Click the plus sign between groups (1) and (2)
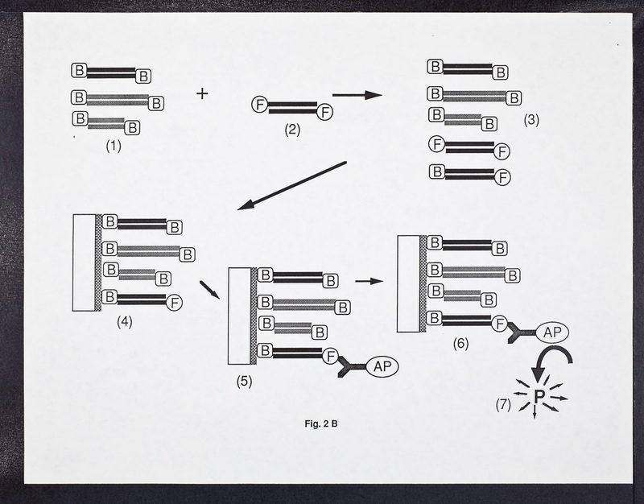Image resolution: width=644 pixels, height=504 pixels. [202, 94]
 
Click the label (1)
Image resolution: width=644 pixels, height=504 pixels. [114, 146]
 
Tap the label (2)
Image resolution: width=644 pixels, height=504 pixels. [292, 130]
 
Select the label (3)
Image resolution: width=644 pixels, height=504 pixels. [531, 120]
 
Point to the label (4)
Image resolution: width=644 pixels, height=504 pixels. [125, 322]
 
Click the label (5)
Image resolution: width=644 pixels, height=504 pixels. [244, 381]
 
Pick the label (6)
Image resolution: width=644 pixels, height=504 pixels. [460, 344]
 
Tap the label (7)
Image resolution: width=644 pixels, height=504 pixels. [503, 405]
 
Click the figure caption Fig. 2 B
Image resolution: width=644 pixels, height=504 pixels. [321, 423]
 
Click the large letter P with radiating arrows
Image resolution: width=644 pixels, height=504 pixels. [539, 396]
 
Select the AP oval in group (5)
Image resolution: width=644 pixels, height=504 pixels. [382, 367]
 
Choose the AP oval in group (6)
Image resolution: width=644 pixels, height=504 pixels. [552, 333]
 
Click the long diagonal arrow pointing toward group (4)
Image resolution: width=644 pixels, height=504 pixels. [292, 186]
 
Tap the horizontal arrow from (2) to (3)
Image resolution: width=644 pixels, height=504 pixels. [357, 95]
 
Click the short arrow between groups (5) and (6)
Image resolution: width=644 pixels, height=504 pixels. [369, 281]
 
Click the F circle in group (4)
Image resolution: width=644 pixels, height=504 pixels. [175, 304]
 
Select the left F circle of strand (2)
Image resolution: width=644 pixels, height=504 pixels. [259, 105]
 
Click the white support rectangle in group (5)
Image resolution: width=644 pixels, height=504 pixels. [239, 316]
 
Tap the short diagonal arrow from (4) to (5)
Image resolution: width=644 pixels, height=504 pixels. [210, 290]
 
